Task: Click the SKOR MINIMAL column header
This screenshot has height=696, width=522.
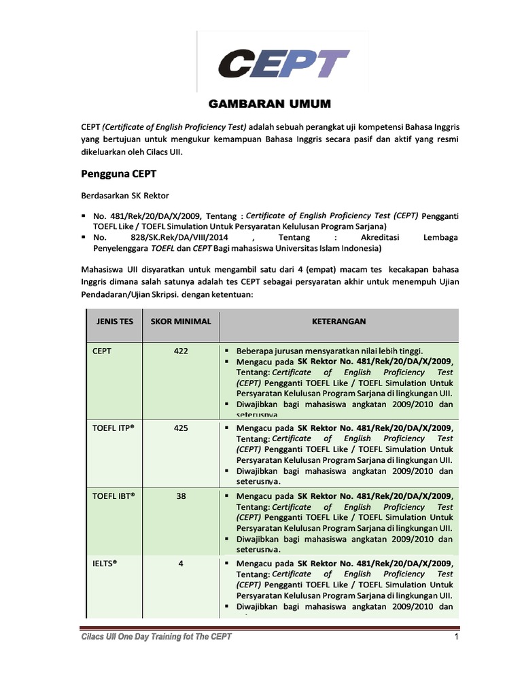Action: click(x=181, y=321)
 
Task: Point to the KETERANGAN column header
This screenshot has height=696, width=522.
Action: click(x=338, y=321)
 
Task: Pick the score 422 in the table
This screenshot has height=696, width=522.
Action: click(x=181, y=351)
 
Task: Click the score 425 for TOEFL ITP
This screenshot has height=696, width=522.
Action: click(x=181, y=428)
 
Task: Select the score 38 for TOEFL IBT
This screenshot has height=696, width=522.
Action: click(x=181, y=495)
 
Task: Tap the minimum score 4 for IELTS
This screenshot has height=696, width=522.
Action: click(x=181, y=563)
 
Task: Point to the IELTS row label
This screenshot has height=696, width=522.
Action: click(x=107, y=563)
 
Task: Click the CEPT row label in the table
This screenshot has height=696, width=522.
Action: click(x=103, y=351)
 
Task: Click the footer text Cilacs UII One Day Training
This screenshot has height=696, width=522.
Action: click(x=156, y=637)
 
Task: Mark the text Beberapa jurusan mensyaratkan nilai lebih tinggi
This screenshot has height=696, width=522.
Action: click(x=330, y=351)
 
